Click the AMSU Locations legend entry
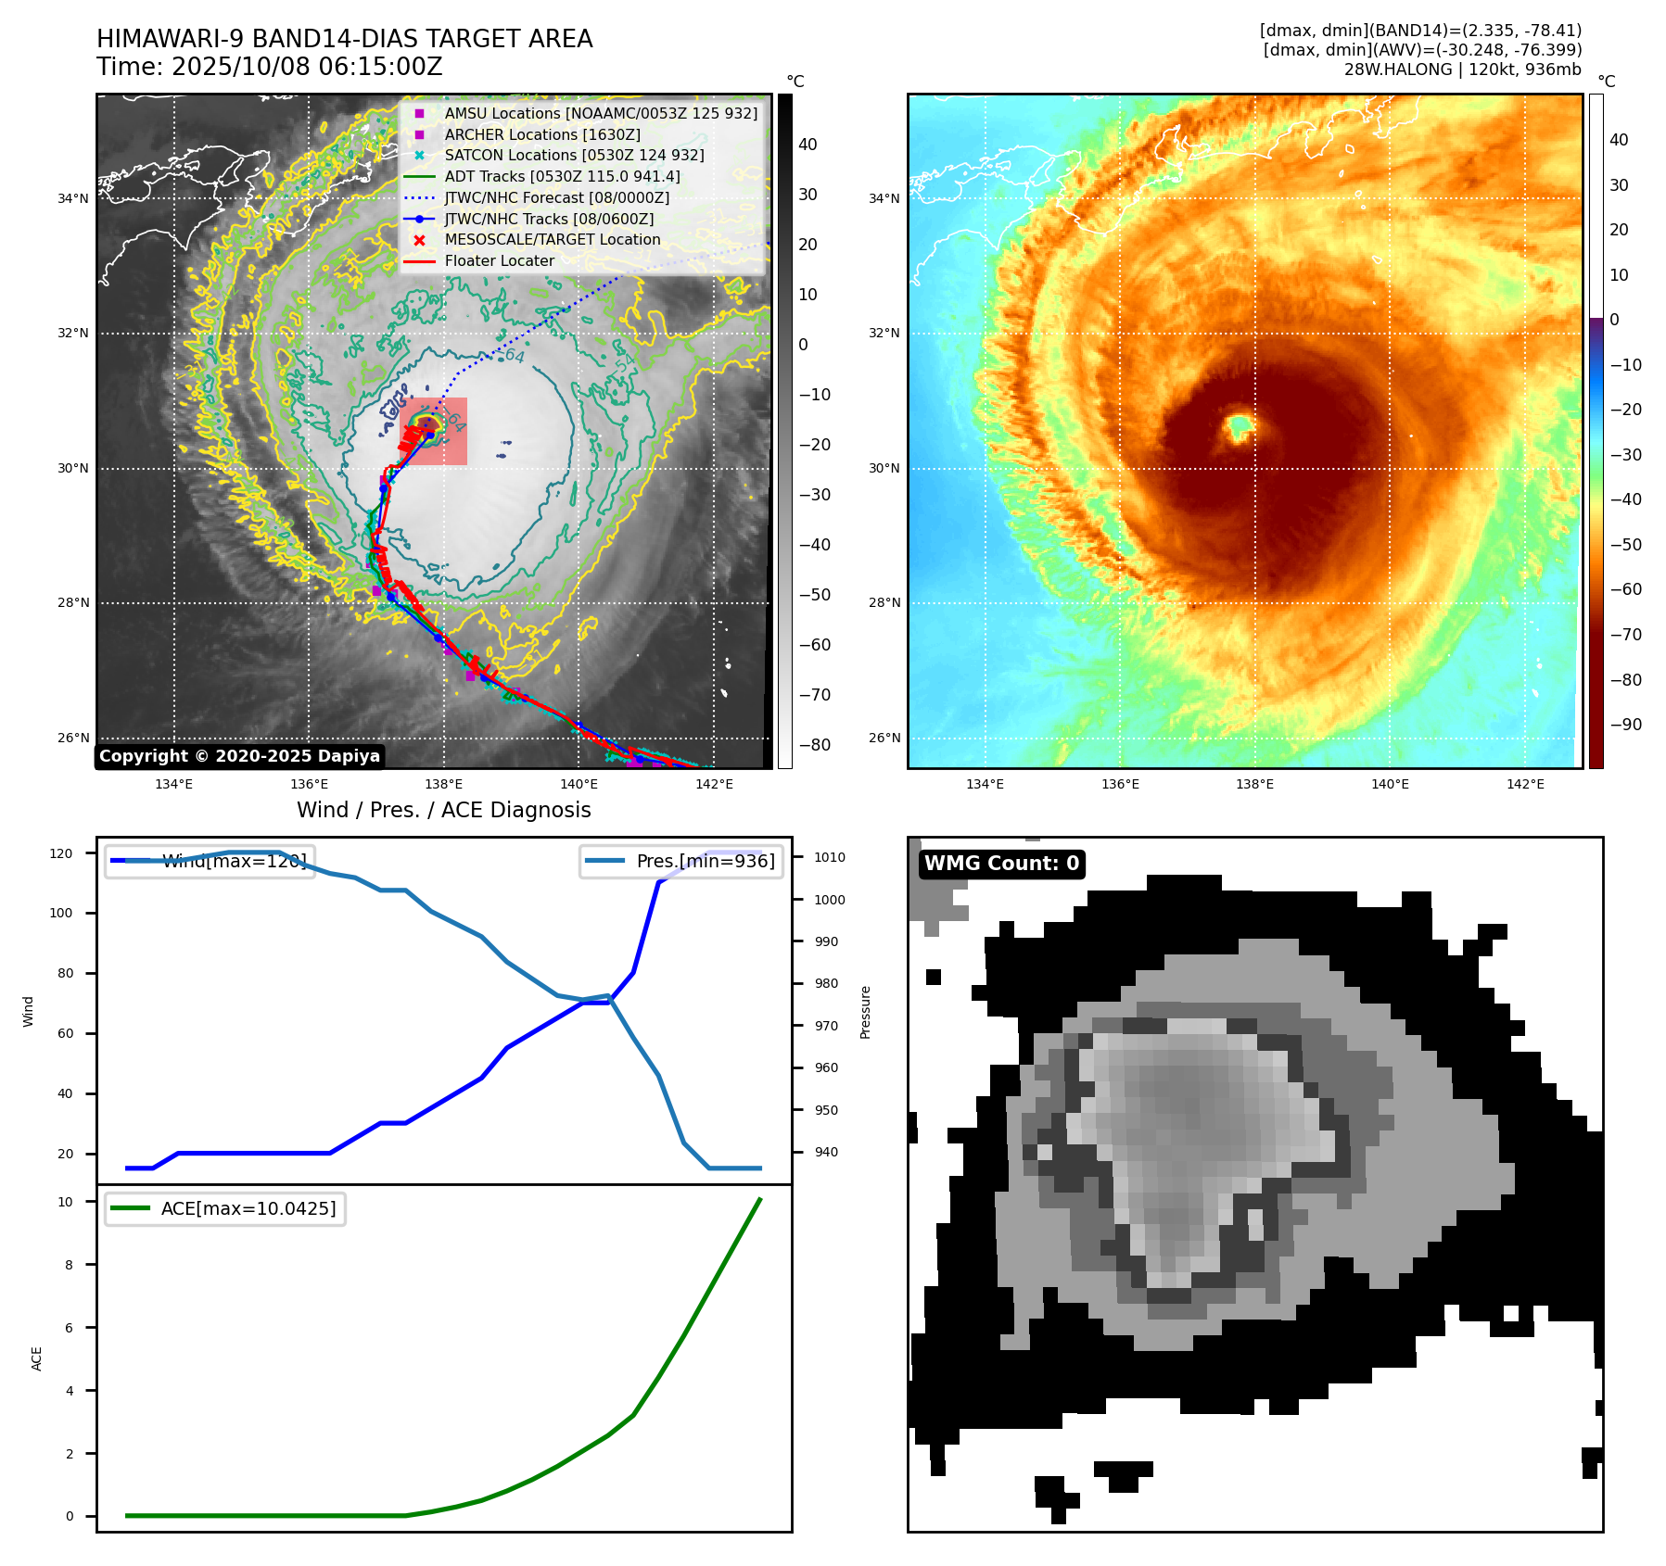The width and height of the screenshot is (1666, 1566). pyautogui.click(x=600, y=113)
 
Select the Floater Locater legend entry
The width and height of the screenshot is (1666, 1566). pyautogui.click(x=499, y=260)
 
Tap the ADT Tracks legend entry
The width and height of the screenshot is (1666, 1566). pyautogui.click(x=562, y=176)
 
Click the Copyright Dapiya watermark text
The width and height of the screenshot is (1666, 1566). pyautogui.click(x=239, y=756)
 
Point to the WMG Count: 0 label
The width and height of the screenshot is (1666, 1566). pyautogui.click(x=1001, y=864)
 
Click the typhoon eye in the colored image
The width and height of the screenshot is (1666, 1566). pyautogui.click(x=1240, y=427)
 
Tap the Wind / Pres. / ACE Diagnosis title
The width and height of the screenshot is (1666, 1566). pyautogui.click(x=443, y=810)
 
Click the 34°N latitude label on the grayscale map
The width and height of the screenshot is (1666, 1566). pyautogui.click(x=73, y=198)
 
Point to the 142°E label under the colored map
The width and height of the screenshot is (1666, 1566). pyautogui.click(x=1525, y=784)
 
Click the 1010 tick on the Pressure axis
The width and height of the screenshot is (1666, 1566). pyautogui.click(x=829, y=857)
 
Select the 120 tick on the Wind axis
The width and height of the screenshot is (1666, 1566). pyautogui.click(x=61, y=853)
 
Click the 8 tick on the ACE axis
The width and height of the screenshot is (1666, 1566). pyautogui.click(x=69, y=1265)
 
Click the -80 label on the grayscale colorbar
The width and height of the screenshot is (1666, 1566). pyautogui.click(x=815, y=745)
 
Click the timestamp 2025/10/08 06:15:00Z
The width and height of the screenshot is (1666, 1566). pyautogui.click(x=307, y=67)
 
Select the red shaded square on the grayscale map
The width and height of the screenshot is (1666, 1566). pyautogui.click(x=434, y=431)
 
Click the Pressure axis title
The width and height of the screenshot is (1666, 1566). pyautogui.click(x=865, y=1012)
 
